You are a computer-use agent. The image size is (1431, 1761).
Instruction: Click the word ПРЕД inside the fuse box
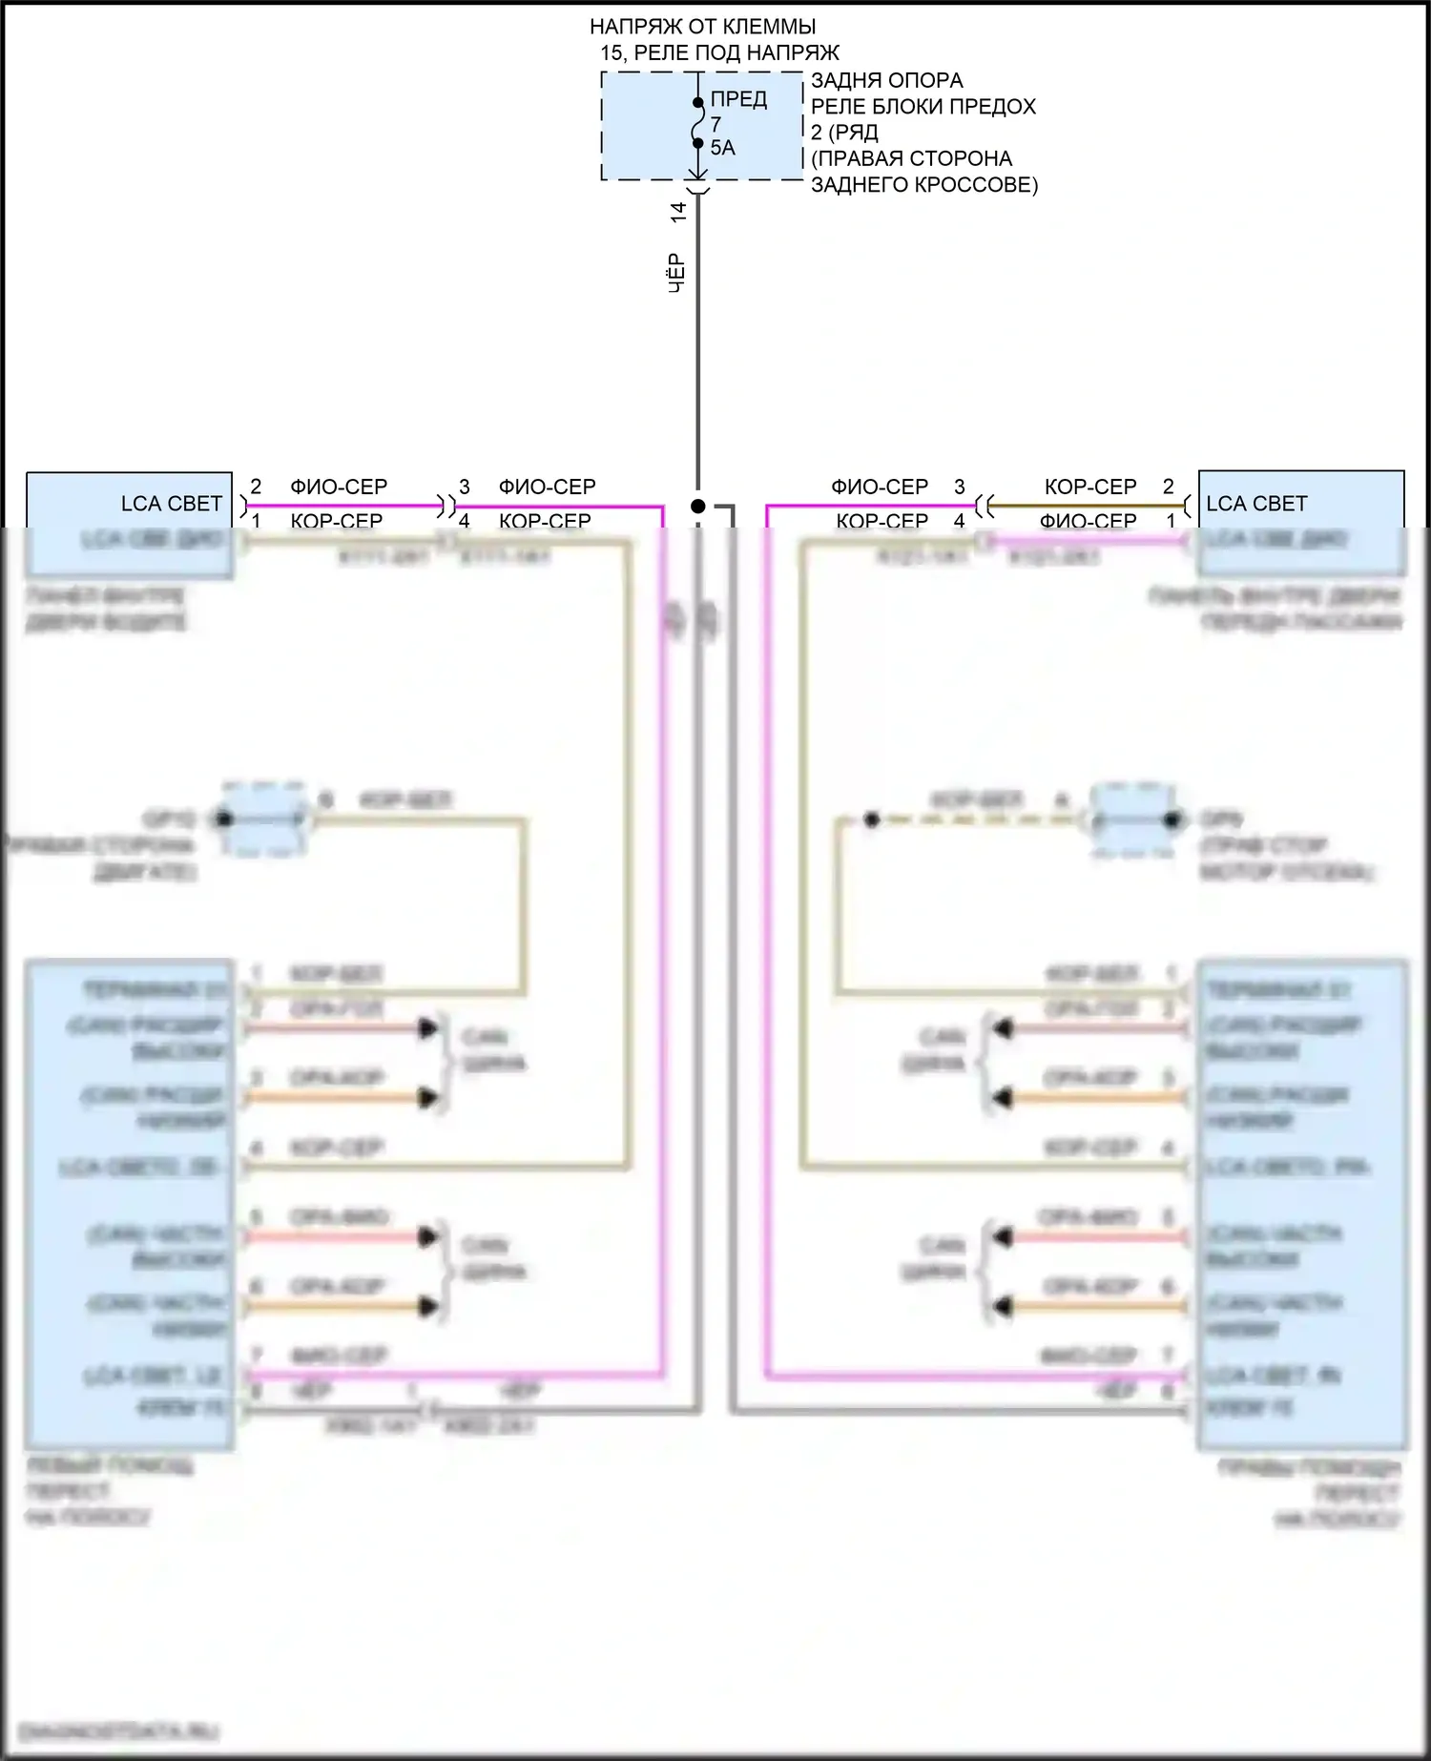[x=738, y=99]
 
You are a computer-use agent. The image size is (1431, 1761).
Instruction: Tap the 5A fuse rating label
[x=722, y=148]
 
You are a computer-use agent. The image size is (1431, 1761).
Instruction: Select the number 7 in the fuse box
[x=716, y=124]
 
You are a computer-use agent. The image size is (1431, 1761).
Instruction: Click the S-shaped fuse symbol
[x=698, y=123]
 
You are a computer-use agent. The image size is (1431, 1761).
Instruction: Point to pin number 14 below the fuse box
[x=678, y=212]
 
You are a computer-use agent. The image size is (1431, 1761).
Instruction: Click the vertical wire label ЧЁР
[x=676, y=273]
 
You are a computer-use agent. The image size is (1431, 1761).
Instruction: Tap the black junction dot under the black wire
[x=698, y=506]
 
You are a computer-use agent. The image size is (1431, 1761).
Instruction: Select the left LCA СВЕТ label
[x=171, y=504]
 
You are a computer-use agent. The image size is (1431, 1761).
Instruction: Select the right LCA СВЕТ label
[x=1256, y=504]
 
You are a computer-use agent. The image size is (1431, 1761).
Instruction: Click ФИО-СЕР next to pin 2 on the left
[x=339, y=487]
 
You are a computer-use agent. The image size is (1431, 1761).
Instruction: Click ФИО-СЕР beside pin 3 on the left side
[x=547, y=487]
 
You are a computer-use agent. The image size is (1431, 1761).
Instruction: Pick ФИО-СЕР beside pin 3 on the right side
[x=880, y=487]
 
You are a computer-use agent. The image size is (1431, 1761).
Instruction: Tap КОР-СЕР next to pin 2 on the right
[x=1090, y=487]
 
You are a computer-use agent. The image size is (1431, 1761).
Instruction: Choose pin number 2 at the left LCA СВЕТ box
[x=256, y=487]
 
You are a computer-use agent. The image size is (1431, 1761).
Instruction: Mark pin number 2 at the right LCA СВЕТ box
[x=1169, y=487]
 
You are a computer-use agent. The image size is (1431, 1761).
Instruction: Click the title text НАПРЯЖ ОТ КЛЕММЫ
[x=702, y=27]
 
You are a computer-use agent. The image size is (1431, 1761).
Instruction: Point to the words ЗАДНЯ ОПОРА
[x=886, y=80]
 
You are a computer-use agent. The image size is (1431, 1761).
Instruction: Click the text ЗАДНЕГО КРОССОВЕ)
[x=923, y=184]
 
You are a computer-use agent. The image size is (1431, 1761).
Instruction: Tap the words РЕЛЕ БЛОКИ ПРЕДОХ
[x=923, y=106]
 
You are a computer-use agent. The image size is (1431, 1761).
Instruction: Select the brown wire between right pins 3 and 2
[x=1088, y=506]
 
